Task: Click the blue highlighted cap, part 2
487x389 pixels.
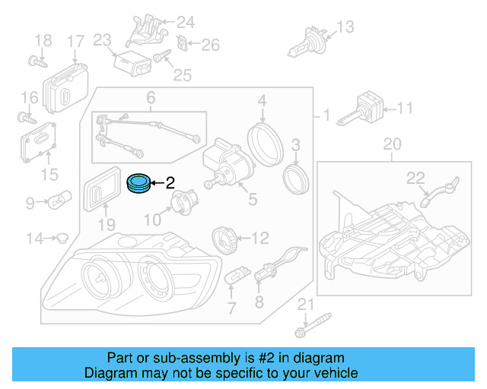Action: (x=138, y=183)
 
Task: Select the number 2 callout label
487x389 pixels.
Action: (x=170, y=182)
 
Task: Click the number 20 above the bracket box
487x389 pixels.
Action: (x=391, y=144)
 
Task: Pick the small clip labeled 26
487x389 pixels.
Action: (x=183, y=43)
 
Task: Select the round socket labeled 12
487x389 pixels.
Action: (x=224, y=238)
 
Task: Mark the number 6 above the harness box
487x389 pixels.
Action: (x=151, y=98)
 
